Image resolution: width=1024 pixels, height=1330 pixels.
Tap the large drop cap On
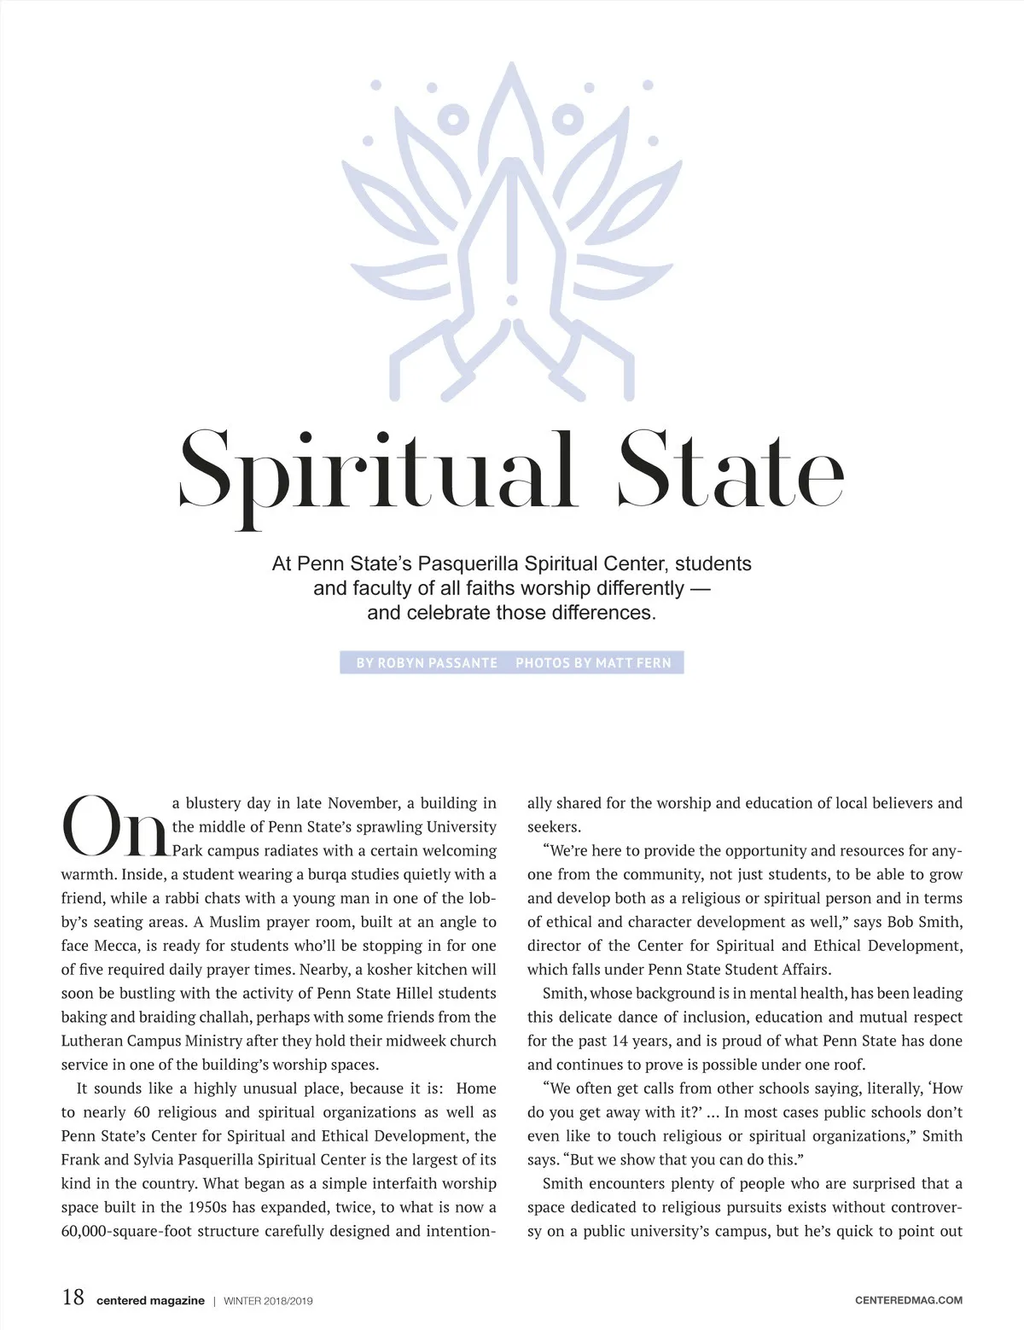pos(113,826)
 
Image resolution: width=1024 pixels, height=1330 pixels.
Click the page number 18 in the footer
pos(73,1298)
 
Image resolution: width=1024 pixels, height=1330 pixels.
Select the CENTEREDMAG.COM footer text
pos(908,1300)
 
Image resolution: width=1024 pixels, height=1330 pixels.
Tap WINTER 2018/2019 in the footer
pos(269,1301)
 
